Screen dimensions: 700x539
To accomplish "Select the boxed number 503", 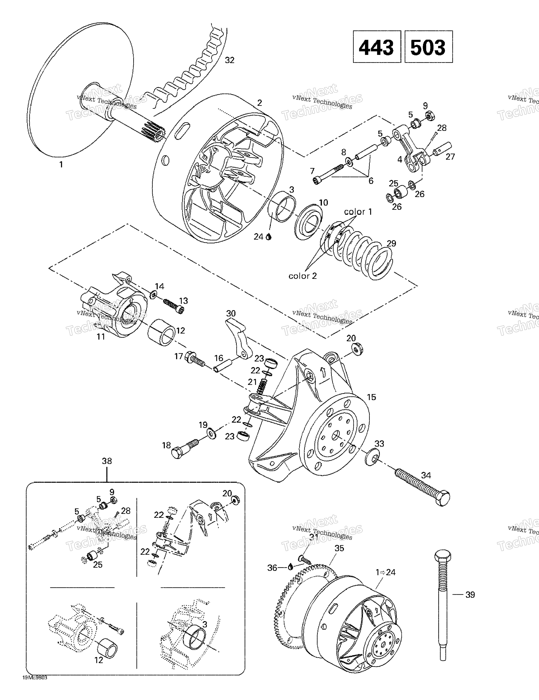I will [x=429, y=47].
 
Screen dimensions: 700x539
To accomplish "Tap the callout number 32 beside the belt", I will [x=229, y=60].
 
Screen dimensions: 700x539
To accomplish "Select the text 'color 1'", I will [x=358, y=212].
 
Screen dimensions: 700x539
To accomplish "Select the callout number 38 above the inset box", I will [x=107, y=461].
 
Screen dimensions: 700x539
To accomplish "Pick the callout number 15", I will [x=371, y=397].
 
